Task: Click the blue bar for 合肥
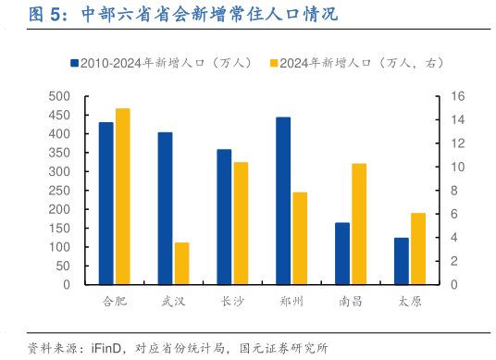106,204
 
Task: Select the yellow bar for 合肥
122,197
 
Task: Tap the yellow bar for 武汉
181,264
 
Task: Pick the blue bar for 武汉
165,208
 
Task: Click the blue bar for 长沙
224,217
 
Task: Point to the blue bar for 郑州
283,201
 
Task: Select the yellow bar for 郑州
300,239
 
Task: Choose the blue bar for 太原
402,261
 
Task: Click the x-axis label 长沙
232,302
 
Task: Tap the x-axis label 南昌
351,302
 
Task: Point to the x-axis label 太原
410,302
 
